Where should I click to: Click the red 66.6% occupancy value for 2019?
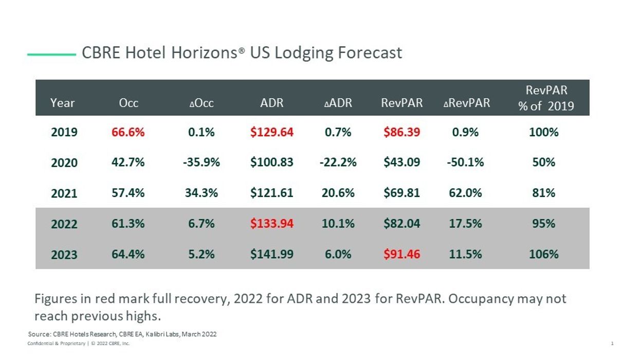tap(128, 132)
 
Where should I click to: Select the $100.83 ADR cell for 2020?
tap(272, 163)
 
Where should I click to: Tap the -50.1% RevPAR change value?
tap(465, 163)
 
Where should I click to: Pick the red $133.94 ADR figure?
tap(272, 224)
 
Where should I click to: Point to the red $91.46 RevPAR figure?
tap(401, 254)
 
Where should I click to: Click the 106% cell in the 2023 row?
tap(543, 254)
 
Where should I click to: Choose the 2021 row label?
tap(64, 193)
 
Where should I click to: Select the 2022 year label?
tap(64, 224)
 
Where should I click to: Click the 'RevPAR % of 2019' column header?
tap(546, 98)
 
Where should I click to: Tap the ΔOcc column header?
tap(202, 103)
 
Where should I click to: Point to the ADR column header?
tap(272, 103)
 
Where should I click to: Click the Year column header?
tap(63, 103)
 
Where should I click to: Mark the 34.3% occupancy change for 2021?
tap(201, 193)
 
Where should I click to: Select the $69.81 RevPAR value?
tap(401, 193)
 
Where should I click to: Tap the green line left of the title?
tap(51, 53)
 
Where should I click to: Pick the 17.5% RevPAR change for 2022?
tap(465, 224)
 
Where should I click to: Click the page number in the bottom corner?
tap(612, 344)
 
